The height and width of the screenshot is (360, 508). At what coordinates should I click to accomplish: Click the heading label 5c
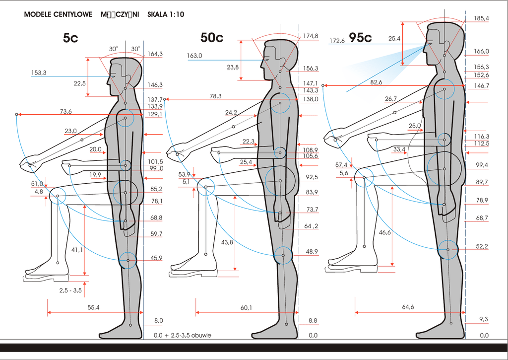(70, 38)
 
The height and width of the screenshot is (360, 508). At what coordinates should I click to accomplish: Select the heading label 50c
(212, 38)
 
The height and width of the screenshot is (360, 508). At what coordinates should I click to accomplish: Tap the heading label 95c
(360, 38)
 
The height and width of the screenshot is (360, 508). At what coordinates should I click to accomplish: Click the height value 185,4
(481, 18)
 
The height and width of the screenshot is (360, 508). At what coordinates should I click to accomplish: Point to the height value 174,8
(311, 36)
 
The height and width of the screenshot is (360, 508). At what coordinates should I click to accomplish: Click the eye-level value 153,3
(39, 73)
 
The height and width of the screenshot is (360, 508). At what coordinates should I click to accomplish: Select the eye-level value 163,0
(194, 56)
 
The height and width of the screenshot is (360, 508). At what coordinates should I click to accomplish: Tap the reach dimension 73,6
(66, 111)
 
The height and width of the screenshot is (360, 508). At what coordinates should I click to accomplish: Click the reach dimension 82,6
(377, 82)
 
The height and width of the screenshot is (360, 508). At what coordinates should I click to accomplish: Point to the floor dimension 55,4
(93, 308)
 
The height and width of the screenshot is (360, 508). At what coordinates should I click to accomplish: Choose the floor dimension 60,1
(247, 308)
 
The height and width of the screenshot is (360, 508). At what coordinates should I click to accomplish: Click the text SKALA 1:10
(166, 14)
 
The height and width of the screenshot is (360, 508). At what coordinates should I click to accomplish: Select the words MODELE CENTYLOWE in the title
(58, 14)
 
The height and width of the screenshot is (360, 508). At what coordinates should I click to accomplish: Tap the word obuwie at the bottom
(201, 336)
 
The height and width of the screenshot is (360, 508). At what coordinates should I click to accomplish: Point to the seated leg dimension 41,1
(77, 250)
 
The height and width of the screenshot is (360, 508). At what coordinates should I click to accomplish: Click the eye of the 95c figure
(429, 44)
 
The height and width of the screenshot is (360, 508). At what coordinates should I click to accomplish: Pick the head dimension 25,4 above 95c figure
(395, 39)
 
